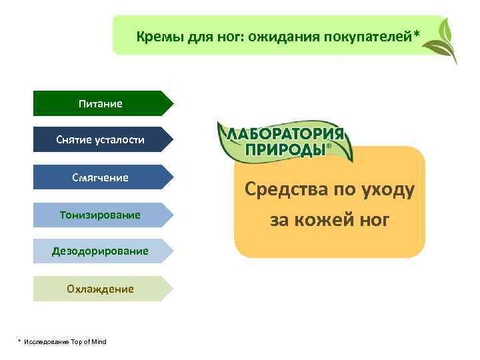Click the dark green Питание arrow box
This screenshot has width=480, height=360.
click(x=100, y=103)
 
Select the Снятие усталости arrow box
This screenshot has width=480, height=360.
click(x=100, y=140)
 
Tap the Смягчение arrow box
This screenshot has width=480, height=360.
click(x=100, y=177)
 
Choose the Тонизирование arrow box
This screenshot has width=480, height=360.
click(x=100, y=215)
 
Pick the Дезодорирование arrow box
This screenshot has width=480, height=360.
click(x=100, y=251)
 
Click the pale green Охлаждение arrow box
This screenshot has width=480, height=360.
click(x=100, y=289)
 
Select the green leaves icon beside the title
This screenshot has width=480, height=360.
click(x=443, y=40)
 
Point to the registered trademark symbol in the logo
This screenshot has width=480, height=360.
click(x=328, y=147)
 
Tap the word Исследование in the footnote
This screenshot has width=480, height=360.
click(x=46, y=341)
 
